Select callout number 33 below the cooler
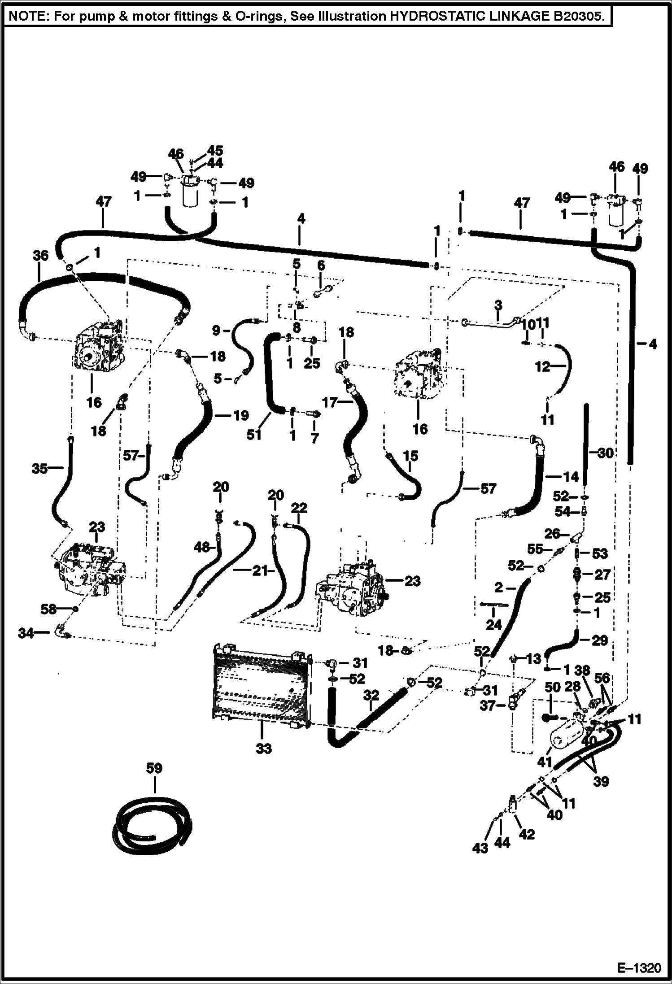pyautogui.click(x=263, y=749)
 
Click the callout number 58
pyautogui.click(x=48, y=609)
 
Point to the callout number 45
pyautogui.click(x=215, y=150)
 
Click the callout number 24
pyautogui.click(x=493, y=624)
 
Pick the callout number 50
pyautogui.click(x=553, y=687)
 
